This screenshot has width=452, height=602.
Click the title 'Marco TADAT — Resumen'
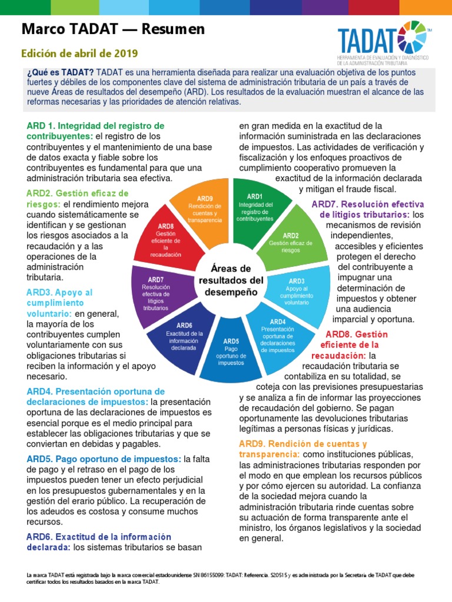[113, 29]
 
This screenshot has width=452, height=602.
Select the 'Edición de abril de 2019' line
[79, 53]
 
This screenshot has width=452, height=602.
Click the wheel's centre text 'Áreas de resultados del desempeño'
[231, 280]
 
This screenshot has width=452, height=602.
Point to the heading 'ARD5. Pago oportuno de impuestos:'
[104, 459]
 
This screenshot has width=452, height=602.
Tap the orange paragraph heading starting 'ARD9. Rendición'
[303, 443]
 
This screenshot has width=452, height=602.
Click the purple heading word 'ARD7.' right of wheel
[323, 204]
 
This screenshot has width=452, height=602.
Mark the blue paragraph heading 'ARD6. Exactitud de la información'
[99, 537]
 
